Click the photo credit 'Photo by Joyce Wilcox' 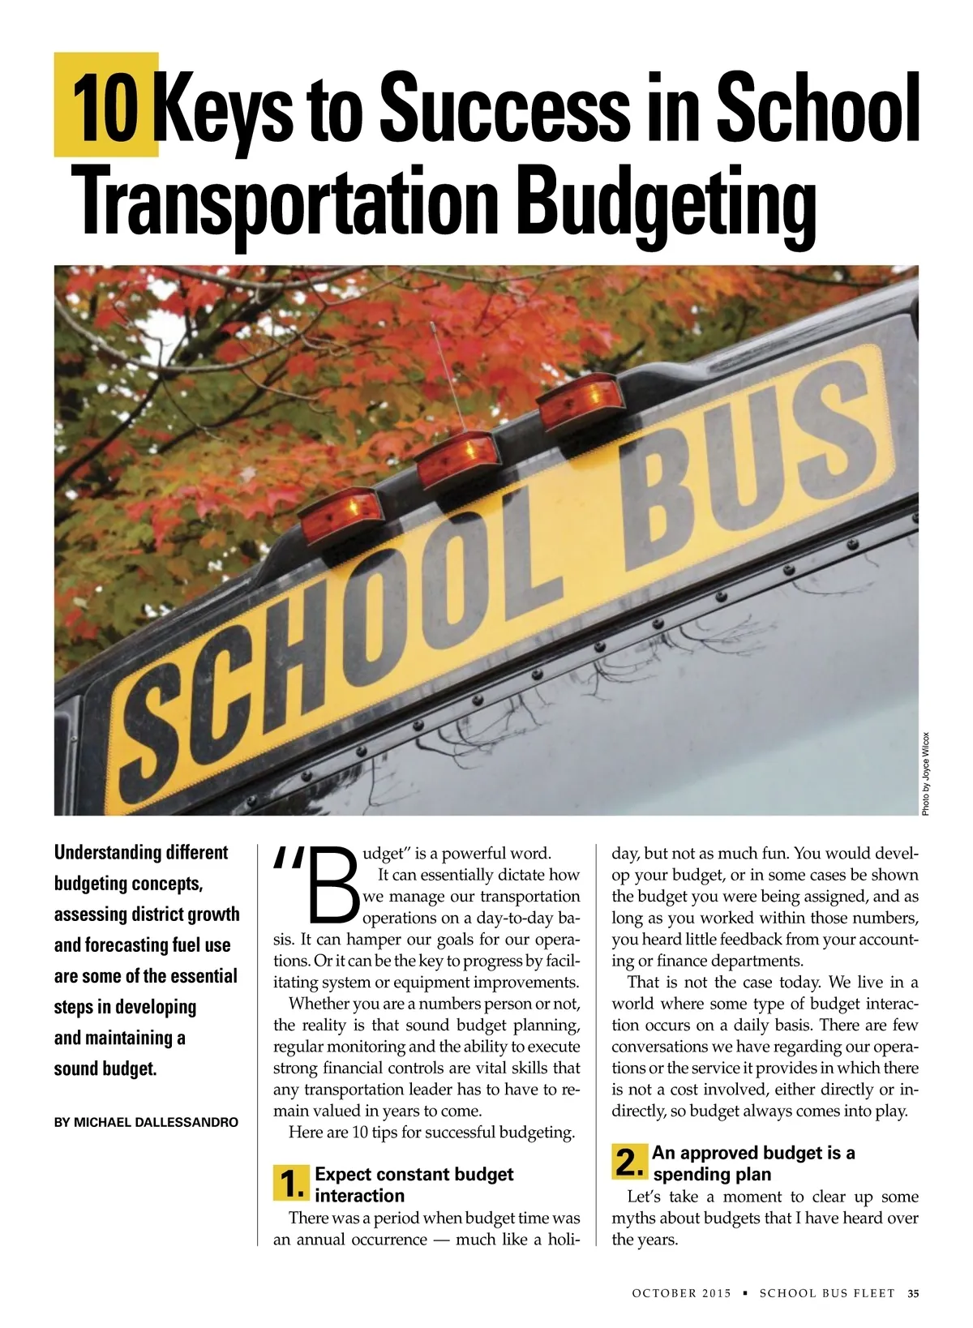click(x=926, y=773)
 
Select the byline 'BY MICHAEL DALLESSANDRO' click(x=146, y=1123)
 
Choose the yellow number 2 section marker click(x=630, y=1163)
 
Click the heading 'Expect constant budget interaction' click(x=414, y=1184)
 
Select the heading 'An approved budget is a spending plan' click(x=752, y=1163)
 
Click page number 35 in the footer click(x=914, y=1293)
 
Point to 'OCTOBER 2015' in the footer click(x=681, y=1293)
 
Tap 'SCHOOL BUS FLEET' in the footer click(x=826, y=1293)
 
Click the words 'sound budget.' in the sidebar click(x=105, y=1069)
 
